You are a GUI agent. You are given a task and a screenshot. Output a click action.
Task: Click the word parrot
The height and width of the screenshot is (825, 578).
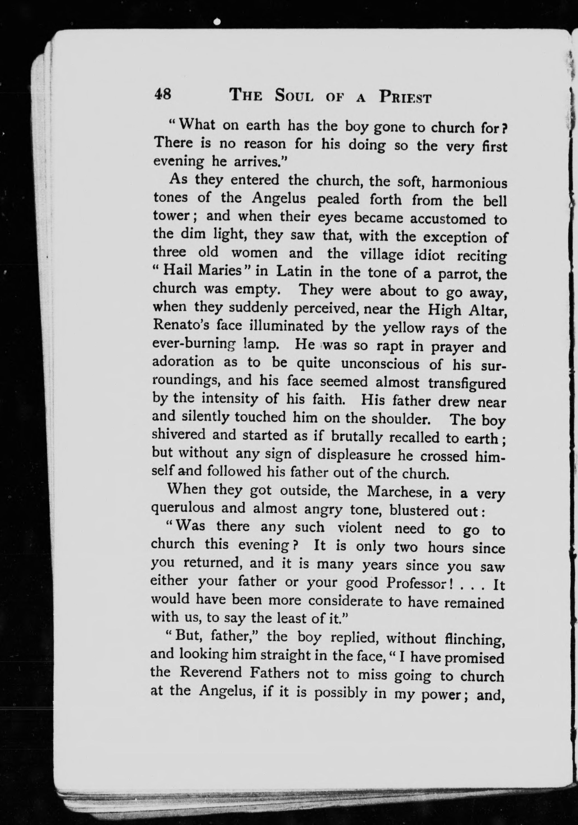(459, 275)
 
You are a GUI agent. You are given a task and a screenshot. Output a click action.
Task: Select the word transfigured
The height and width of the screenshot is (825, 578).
(467, 384)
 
